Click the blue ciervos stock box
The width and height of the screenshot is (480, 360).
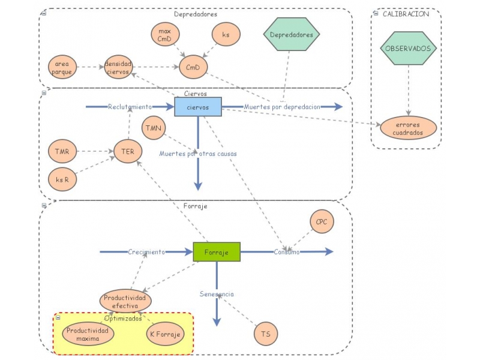[198, 107]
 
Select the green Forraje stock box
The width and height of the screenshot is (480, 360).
[217, 252]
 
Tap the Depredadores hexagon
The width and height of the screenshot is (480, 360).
[292, 34]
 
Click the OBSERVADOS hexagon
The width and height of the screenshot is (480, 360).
[409, 48]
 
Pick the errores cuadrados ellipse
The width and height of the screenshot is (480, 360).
[409, 128]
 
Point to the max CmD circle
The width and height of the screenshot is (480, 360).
[166, 34]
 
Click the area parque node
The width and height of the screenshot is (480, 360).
[62, 67]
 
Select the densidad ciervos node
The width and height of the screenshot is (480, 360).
[118, 67]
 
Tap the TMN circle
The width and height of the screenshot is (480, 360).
[154, 128]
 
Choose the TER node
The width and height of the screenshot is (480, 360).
[128, 151]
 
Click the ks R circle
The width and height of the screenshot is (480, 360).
[62, 179]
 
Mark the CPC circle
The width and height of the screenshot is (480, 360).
[322, 221]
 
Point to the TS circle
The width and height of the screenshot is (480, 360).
[266, 334]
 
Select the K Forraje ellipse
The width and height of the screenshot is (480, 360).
[166, 334]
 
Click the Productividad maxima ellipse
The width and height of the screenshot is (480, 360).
[88, 334]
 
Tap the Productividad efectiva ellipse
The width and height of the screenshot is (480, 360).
[125, 301]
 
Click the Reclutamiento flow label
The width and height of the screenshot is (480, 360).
[130, 107]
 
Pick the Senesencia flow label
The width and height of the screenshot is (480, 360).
[217, 294]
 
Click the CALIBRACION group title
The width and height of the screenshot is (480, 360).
[406, 14]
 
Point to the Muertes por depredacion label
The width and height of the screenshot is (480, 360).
[282, 107]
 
